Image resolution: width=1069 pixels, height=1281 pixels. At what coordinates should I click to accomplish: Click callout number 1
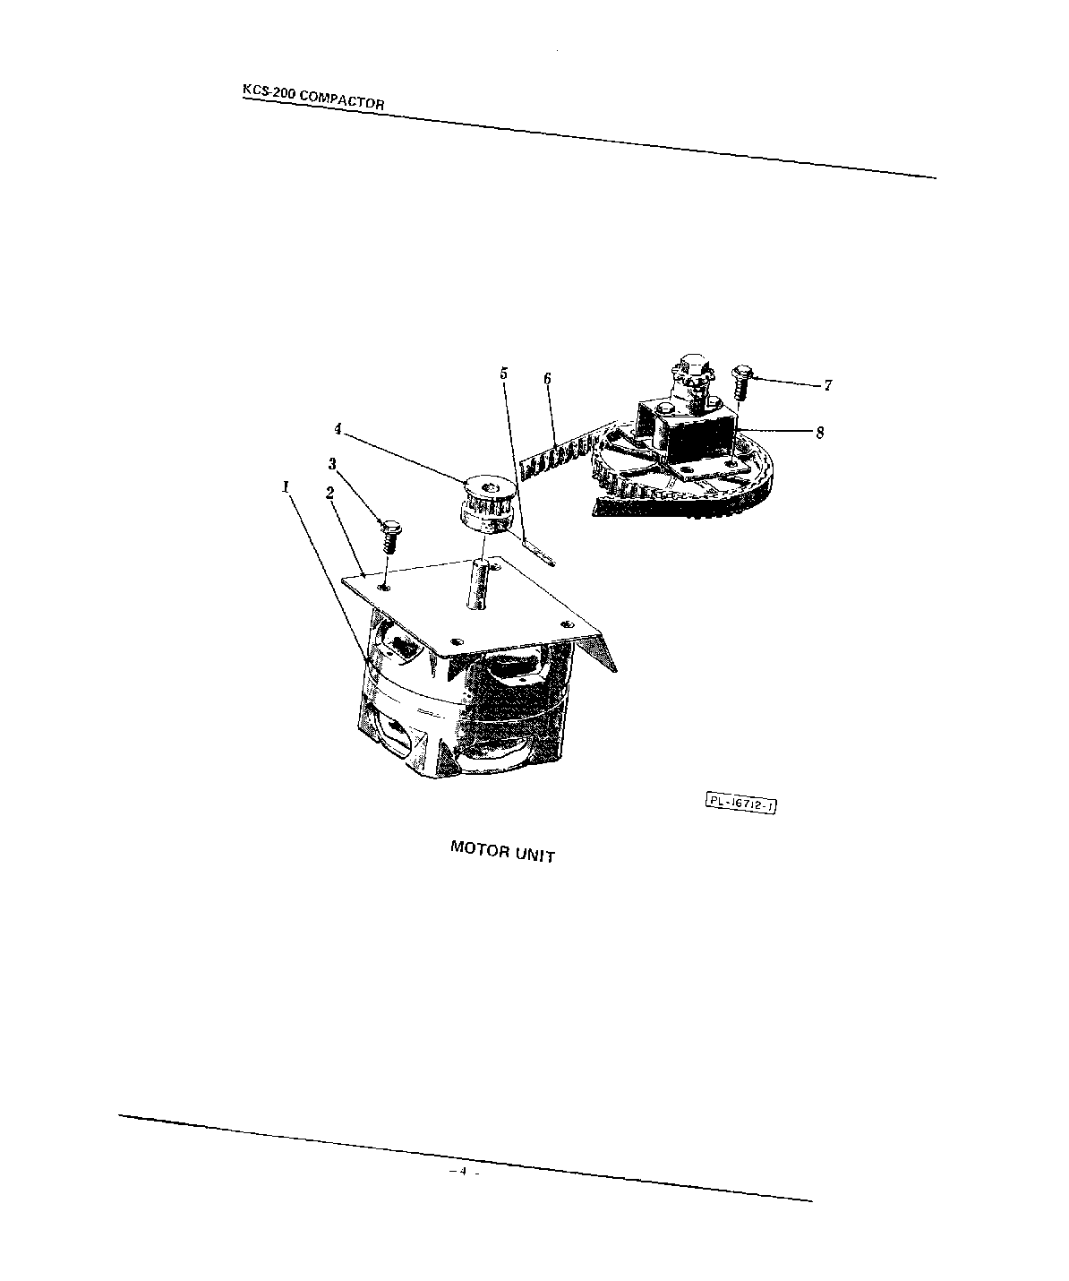[286, 486]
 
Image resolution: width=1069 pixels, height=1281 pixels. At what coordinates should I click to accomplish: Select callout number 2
[329, 493]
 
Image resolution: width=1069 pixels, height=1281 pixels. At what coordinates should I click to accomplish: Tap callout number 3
[332, 463]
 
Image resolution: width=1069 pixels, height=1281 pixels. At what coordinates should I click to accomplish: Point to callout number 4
[338, 429]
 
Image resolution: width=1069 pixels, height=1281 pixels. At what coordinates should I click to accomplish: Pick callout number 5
[503, 372]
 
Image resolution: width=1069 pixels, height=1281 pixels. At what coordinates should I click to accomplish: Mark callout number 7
[828, 385]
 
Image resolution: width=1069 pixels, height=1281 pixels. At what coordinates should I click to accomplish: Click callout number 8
[819, 432]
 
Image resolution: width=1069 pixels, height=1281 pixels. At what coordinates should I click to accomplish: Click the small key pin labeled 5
[541, 549]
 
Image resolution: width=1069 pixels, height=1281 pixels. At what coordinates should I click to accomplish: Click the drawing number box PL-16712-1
[740, 804]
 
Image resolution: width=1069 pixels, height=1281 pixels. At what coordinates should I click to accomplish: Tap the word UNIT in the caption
[534, 854]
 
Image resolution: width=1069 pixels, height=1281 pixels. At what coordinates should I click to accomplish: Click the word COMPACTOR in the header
[342, 99]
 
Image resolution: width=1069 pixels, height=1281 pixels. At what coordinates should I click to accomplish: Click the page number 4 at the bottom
[464, 1172]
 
